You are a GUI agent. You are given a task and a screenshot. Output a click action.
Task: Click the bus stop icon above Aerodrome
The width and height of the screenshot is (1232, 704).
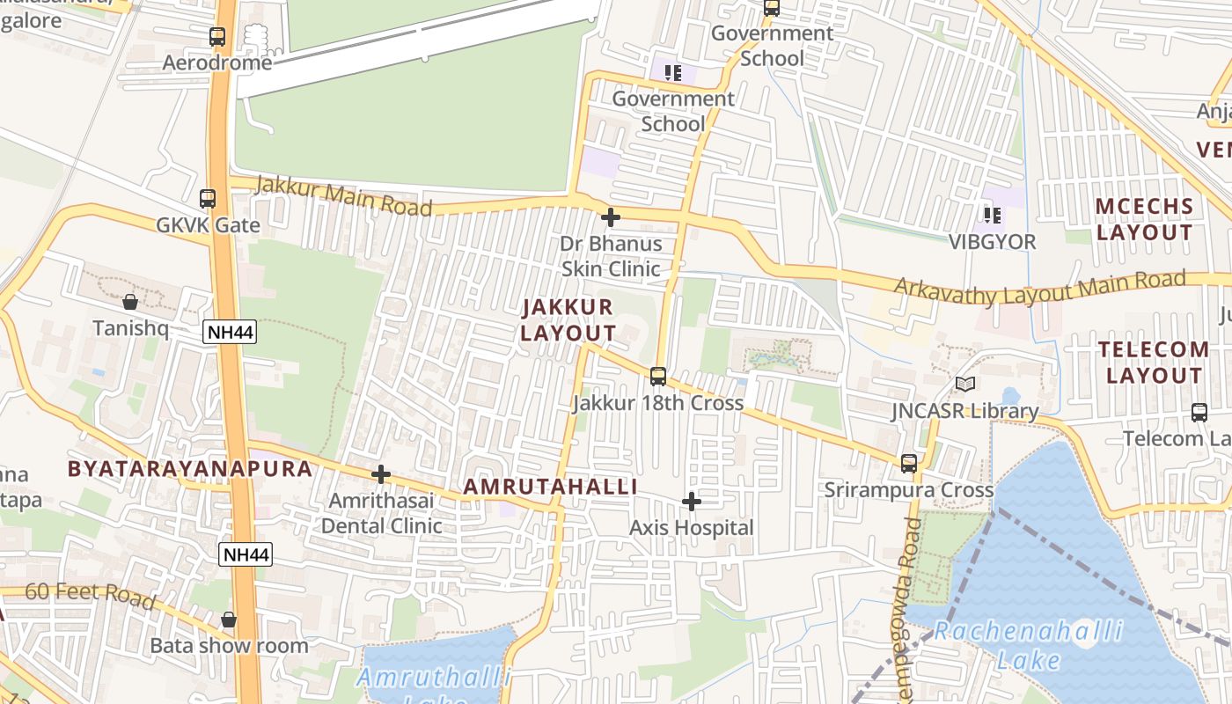point(217,37)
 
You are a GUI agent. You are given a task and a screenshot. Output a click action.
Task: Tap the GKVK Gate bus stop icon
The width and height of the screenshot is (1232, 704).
point(208,199)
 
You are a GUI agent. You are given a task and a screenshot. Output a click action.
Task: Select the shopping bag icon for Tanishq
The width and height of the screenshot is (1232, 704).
point(130,302)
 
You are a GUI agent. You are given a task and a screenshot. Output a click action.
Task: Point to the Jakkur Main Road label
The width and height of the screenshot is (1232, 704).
point(343,196)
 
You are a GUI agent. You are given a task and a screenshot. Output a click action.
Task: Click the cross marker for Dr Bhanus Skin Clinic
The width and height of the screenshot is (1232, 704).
point(611,216)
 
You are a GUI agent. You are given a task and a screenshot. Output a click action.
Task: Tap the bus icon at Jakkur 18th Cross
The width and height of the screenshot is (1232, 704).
point(658,377)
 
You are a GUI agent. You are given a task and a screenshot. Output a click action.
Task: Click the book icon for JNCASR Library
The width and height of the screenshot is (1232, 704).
point(965,384)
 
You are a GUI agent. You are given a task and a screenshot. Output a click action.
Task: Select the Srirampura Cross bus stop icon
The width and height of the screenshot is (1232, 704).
point(909,463)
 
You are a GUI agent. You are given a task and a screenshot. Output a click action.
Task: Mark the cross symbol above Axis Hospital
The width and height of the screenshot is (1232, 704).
point(692,502)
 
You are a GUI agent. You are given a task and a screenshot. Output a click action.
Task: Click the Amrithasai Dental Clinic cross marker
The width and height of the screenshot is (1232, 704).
point(381,474)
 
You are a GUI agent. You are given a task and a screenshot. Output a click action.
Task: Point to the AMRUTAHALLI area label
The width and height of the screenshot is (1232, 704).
point(550,487)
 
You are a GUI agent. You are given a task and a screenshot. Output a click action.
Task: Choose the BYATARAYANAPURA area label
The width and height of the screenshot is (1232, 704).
point(190,468)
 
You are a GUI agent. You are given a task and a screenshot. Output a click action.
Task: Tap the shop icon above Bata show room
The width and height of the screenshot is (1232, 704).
point(229,620)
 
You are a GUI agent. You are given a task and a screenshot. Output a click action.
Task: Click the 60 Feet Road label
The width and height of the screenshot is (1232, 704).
point(90,596)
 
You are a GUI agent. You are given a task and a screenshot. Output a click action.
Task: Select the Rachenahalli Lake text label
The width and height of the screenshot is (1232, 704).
point(1028,644)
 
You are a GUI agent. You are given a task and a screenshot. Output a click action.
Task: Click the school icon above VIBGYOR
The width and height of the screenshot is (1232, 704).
point(993,215)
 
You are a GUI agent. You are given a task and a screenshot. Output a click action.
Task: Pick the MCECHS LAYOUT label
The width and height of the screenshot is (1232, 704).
point(1144,219)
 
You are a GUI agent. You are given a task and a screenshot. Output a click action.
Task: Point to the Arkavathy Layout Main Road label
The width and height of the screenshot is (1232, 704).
point(1039,288)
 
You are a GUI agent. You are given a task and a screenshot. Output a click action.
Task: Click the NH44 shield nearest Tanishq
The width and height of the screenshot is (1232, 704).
point(230,332)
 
